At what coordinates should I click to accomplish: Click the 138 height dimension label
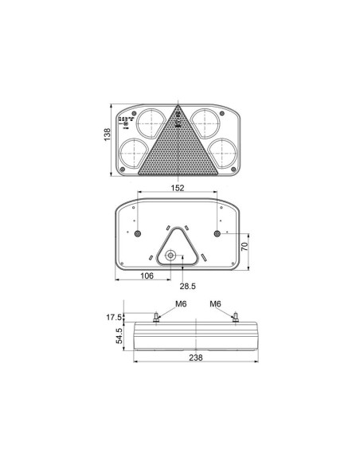(x=107, y=137)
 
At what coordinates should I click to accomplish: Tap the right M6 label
(x=215, y=303)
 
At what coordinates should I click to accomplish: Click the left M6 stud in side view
(x=157, y=318)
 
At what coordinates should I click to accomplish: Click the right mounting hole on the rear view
(x=217, y=233)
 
